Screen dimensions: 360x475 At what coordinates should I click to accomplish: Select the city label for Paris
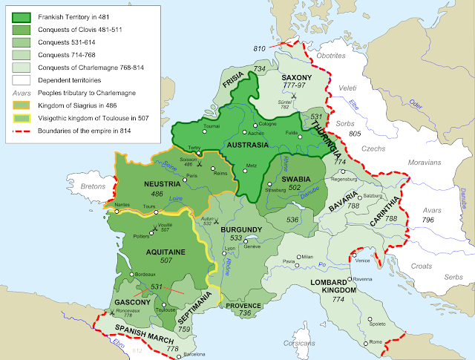click(192, 175)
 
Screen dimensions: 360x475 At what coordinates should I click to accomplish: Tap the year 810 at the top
click(259, 49)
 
